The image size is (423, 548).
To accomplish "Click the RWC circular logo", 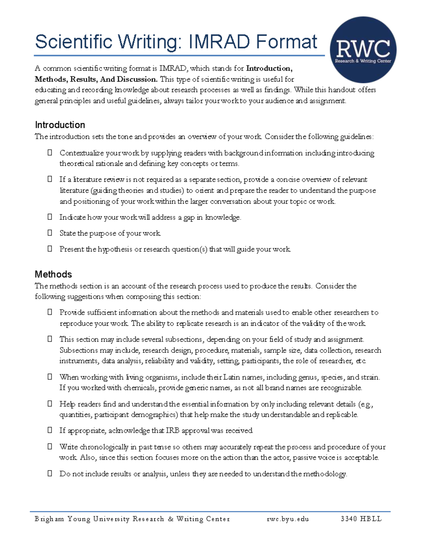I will tap(363, 50).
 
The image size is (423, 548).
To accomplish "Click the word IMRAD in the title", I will tap(219, 42).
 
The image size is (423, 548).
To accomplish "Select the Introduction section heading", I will tap(60, 125).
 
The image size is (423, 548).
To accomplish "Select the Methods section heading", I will tap(53, 274).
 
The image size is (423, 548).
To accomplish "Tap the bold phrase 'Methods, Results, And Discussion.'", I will tap(96, 79).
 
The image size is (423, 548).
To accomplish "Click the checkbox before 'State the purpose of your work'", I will tap(50, 233).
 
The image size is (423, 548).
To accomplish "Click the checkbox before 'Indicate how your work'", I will tap(50, 217).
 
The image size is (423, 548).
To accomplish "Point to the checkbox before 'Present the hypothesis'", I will tap(50, 249).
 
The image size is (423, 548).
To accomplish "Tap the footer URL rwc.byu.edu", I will tap(288, 519).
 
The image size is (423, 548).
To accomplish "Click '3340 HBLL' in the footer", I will tap(361, 519).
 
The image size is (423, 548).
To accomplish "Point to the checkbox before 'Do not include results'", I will tap(50, 474).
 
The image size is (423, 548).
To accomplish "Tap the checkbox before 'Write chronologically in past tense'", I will tap(50, 447).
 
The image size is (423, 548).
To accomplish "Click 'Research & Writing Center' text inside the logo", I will tap(363, 61).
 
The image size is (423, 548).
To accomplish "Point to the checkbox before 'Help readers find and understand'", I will tap(50, 404).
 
